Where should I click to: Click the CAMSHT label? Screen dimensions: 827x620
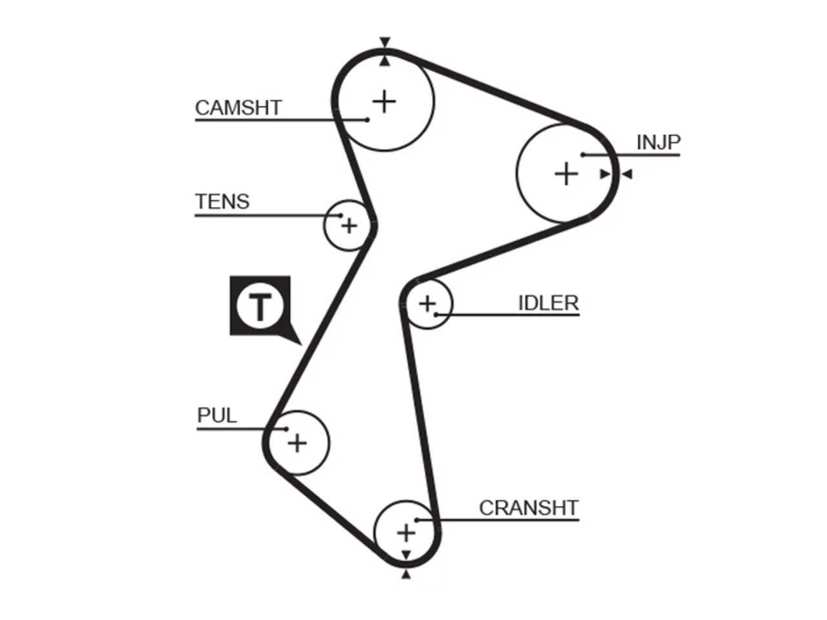[238, 108]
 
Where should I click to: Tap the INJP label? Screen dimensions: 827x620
[658, 142]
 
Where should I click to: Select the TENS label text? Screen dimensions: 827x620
[222, 201]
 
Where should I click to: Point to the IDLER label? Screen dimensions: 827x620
[549, 303]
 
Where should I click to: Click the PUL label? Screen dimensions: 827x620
[217, 415]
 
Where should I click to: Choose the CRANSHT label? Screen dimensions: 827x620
[529, 508]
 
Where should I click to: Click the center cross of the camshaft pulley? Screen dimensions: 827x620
[384, 101]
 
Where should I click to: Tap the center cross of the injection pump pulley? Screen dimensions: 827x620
[566, 174]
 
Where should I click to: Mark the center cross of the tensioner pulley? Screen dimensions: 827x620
[349, 226]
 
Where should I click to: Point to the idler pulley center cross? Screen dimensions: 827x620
[427, 304]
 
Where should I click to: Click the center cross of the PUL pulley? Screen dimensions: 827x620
[297, 442]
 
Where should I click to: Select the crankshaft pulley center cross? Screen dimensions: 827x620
[406, 533]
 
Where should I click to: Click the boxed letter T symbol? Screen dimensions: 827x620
[260, 305]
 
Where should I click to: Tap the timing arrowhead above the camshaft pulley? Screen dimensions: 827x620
[384, 42]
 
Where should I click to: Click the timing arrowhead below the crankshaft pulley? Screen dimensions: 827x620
[406, 574]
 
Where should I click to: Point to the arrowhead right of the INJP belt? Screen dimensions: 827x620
[627, 174]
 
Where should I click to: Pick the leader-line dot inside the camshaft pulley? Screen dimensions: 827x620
[368, 120]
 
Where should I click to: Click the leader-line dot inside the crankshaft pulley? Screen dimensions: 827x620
[417, 521]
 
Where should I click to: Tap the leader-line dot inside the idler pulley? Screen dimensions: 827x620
[436, 315]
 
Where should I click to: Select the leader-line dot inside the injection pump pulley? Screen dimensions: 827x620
[583, 155]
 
